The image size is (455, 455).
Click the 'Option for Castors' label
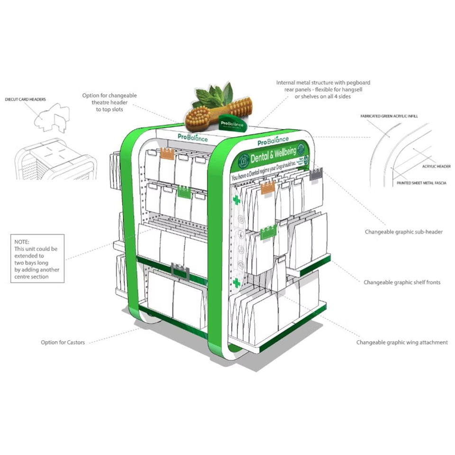click(63, 342)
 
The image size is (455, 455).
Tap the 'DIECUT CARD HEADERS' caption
click(25, 100)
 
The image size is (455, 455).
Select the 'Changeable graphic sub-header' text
click(404, 232)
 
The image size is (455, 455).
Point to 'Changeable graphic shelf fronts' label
click(402, 282)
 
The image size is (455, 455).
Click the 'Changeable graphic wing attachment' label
click(402, 342)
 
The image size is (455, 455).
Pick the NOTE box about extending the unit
click(37, 258)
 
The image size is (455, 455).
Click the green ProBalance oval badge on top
click(232, 123)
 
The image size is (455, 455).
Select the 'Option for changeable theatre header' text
click(109, 102)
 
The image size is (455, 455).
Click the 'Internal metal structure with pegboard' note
click(323, 90)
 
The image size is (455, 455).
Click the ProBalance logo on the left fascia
click(190, 136)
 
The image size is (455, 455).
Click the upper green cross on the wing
click(236, 200)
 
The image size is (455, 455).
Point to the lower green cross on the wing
click(236, 283)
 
